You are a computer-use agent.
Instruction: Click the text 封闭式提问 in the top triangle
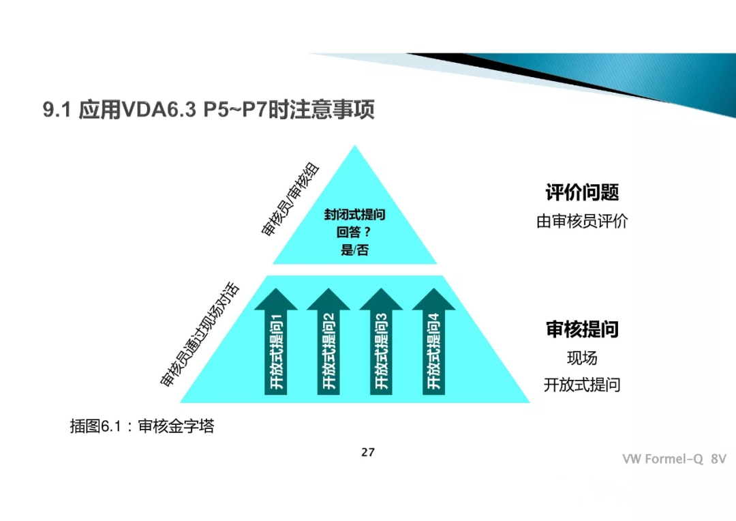click(x=354, y=215)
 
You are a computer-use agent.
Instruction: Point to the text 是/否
click(x=354, y=250)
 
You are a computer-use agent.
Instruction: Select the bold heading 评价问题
click(x=582, y=192)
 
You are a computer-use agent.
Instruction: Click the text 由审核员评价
click(x=582, y=222)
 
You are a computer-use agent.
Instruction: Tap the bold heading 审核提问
click(x=582, y=329)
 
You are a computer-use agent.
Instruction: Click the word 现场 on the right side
click(x=582, y=358)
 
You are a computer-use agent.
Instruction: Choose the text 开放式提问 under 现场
click(x=582, y=385)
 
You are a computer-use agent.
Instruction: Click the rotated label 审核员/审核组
click(x=291, y=200)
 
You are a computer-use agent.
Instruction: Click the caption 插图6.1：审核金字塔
click(x=142, y=427)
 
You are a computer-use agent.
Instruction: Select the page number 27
click(x=368, y=452)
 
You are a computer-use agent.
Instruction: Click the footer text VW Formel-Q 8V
click(x=673, y=459)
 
